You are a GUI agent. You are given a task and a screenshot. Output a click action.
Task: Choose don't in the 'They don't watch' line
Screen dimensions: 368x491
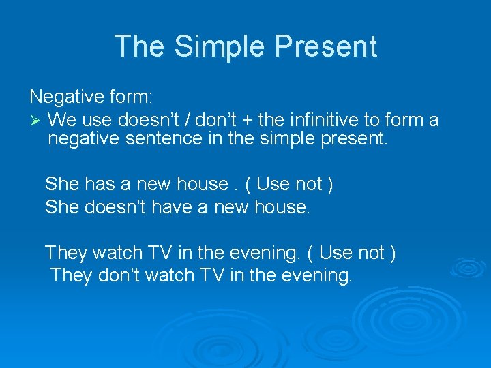pos(120,276)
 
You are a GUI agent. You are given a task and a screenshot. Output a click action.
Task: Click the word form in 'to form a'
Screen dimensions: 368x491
pos(403,121)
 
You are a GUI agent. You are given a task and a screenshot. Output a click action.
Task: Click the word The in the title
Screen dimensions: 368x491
pos(140,46)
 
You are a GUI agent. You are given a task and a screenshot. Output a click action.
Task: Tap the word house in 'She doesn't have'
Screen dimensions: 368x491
pos(281,206)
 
